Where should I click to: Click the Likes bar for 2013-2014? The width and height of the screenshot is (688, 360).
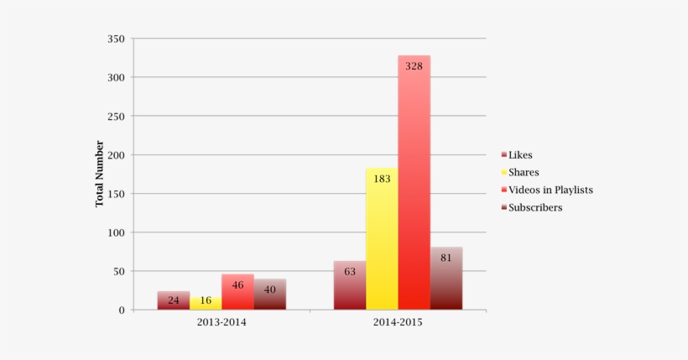point(174,300)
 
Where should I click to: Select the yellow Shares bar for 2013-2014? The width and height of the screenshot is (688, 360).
point(206,303)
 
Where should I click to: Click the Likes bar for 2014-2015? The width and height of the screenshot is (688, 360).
point(350,285)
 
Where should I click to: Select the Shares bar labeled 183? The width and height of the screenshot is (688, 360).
point(382,239)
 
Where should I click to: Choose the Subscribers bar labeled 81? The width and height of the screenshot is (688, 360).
point(446,279)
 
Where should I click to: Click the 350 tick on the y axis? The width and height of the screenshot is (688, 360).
point(116,39)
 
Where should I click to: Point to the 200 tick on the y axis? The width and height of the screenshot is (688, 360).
point(116,155)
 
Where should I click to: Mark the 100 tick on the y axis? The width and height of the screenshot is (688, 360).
point(116,232)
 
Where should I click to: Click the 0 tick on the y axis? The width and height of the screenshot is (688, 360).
point(122,310)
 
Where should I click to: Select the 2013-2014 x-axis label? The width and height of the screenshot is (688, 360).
point(222,323)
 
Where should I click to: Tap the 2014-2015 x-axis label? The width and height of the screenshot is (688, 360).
point(398,323)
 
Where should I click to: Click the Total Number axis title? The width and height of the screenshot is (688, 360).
point(99,174)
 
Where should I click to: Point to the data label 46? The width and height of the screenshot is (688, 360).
point(237,285)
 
